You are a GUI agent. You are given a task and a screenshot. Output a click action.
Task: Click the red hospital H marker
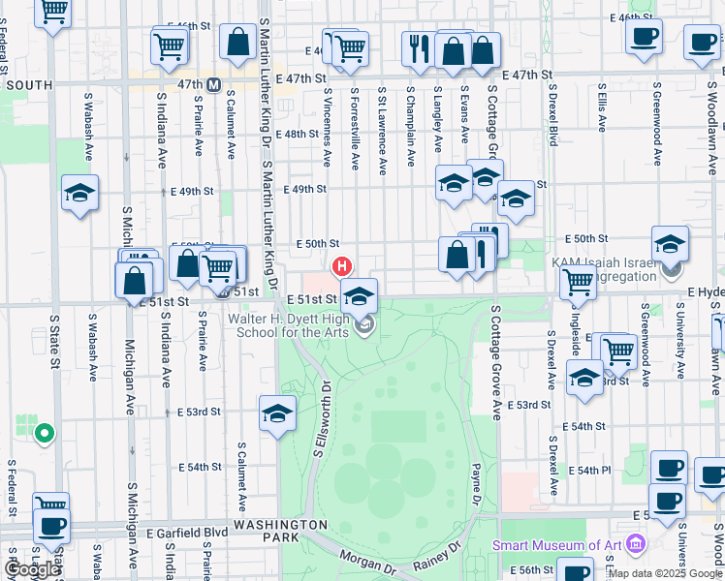click(341, 265)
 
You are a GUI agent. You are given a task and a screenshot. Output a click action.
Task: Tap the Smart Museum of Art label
click(556, 544)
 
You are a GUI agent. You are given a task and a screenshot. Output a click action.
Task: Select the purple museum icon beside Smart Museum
click(636, 544)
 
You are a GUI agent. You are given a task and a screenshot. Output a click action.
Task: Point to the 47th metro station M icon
click(214, 84)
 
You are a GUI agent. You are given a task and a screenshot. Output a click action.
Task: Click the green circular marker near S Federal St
click(42, 433)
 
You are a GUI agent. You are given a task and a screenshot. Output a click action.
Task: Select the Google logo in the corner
click(32, 569)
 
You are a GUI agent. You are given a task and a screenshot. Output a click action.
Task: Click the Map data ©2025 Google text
click(665, 573)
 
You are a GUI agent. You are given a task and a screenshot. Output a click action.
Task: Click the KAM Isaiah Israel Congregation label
click(604, 269)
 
